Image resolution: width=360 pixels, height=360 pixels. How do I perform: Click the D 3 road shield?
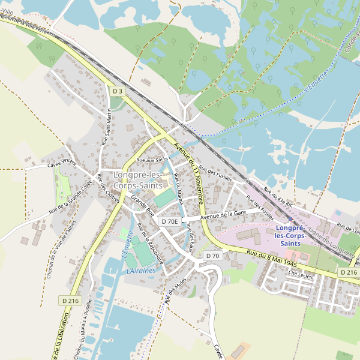click(x=117, y=91)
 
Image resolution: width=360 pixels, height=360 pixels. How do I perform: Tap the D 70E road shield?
click(x=170, y=221)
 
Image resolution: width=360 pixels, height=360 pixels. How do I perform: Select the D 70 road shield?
click(x=213, y=256)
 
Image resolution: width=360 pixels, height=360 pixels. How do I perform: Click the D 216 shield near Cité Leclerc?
click(x=349, y=272)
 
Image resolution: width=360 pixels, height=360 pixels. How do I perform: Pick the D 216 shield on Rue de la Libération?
click(x=70, y=300)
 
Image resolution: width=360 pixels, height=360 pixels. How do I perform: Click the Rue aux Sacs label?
click(x=151, y=160)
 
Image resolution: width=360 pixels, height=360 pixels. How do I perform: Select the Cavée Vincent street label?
click(x=62, y=163)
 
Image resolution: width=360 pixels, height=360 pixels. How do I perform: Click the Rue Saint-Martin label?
click(x=109, y=128)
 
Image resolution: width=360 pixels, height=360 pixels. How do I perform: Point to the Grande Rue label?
click(x=143, y=205)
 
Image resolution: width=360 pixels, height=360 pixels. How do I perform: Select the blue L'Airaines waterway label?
click(x=141, y=271)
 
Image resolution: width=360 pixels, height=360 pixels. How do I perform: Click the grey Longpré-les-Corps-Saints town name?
click(x=137, y=180)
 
